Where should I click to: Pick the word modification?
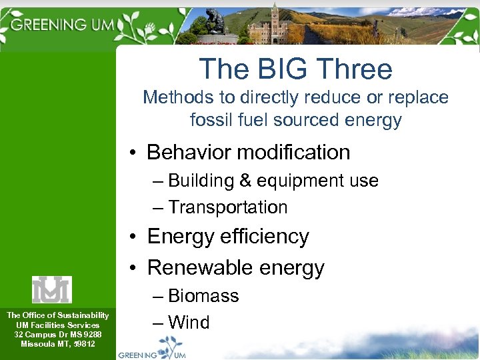295,152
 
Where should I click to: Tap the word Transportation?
227,207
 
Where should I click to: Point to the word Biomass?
203,296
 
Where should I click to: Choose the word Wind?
189,323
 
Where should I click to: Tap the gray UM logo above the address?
52,289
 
